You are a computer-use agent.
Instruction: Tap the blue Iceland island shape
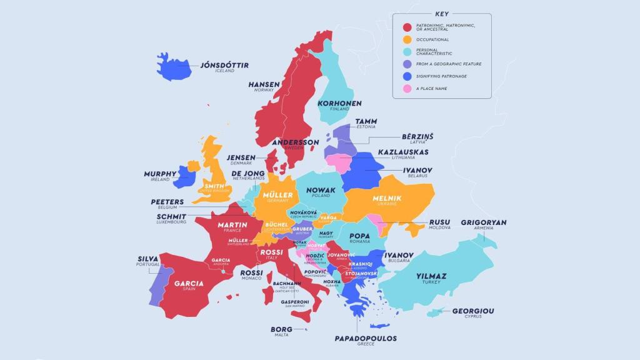(172, 67)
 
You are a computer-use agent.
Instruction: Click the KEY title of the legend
(441, 14)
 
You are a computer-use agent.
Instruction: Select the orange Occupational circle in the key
(407, 39)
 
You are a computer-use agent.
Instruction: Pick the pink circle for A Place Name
(407, 89)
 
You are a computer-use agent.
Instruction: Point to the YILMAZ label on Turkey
(431, 276)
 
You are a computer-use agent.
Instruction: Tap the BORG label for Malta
(281, 329)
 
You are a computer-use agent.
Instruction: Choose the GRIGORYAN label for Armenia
(484, 222)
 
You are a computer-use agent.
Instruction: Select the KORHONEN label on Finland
(339, 103)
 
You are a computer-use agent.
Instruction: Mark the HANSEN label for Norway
(264, 84)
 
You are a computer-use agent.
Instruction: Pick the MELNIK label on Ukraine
(386, 198)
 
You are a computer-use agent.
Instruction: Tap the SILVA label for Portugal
(148, 259)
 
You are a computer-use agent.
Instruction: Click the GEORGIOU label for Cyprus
(473, 311)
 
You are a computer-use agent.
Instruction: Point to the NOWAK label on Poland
(321, 190)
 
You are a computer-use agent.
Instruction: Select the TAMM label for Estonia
(366, 121)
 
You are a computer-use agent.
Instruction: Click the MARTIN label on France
(232, 225)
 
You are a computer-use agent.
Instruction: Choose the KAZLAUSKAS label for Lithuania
(403, 152)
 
